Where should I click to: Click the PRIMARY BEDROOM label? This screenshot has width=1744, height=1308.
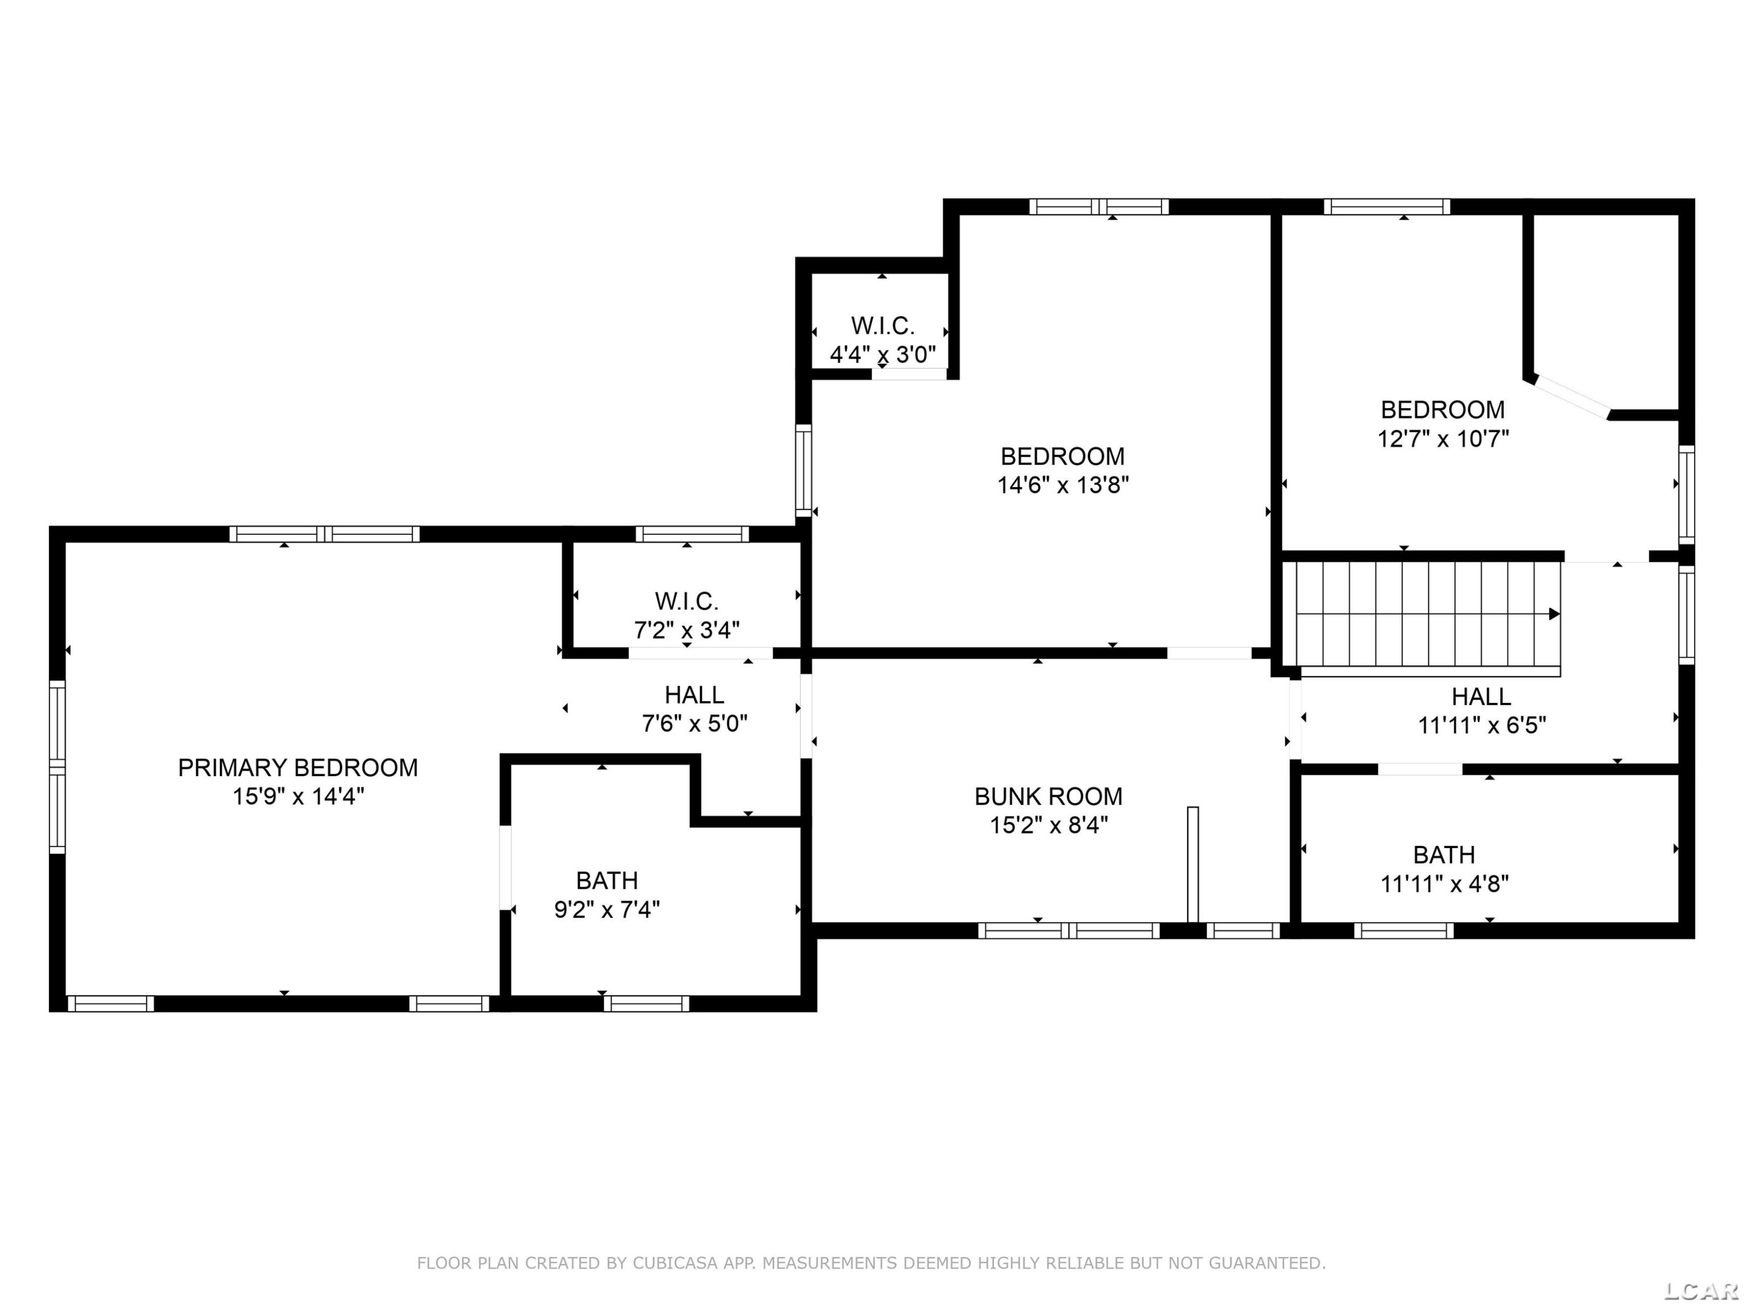click(x=298, y=767)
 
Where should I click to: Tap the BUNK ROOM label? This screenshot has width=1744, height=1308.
click(x=1049, y=796)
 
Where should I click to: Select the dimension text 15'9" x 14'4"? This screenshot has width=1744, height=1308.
click(x=298, y=796)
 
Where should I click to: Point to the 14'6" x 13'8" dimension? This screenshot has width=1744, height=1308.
click(x=1063, y=485)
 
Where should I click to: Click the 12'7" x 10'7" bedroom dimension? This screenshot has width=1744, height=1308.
click(x=1443, y=438)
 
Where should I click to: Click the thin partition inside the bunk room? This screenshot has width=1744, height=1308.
click(x=1193, y=864)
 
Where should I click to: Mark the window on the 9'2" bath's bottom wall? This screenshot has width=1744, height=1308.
click(x=646, y=1003)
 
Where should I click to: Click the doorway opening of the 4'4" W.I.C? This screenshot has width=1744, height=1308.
click(x=909, y=374)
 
